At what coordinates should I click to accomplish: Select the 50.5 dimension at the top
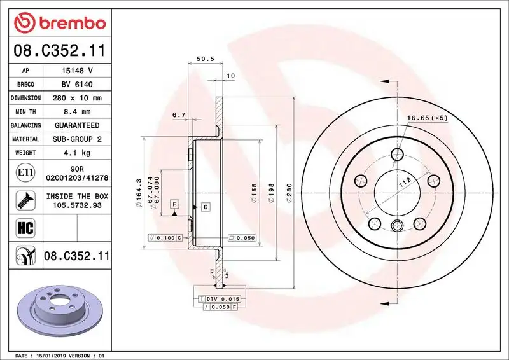pyautogui.click(x=204, y=59)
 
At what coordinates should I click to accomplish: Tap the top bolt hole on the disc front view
pyautogui.click(x=398, y=155)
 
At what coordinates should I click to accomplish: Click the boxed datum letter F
pyautogui.click(x=173, y=204)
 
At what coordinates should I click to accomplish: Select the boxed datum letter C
pyautogui.click(x=206, y=207)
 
